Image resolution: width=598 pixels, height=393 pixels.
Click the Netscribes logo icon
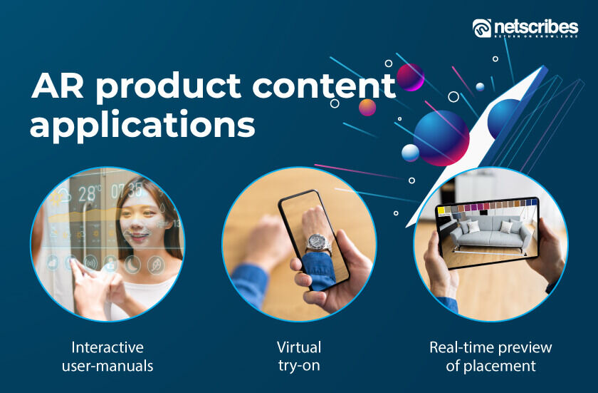(482, 28)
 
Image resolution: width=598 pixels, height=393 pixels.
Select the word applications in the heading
(142, 125)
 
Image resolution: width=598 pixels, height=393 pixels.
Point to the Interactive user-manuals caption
(107, 357)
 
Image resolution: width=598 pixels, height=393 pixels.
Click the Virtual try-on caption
(299, 357)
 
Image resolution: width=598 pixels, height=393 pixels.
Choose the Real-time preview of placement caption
(491, 357)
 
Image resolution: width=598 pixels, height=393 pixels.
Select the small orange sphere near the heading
(367, 108)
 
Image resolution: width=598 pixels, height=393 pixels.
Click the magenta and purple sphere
(410, 77)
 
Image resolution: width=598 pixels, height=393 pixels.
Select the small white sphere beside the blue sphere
(411, 153)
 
